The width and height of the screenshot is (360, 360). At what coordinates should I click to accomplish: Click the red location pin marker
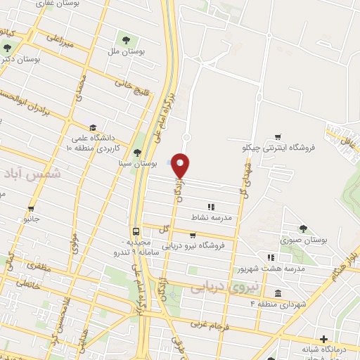tap(181, 166)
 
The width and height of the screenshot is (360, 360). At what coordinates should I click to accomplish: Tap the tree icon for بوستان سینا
tap(137, 153)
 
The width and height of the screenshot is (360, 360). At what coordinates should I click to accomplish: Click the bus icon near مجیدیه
tap(136, 231)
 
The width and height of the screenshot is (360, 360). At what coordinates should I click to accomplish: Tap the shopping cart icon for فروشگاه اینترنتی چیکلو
tap(278, 137)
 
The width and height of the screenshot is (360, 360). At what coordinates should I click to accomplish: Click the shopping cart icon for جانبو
tap(31, 208)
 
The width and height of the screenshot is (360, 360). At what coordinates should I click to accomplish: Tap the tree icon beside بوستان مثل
tap(127, 39)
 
